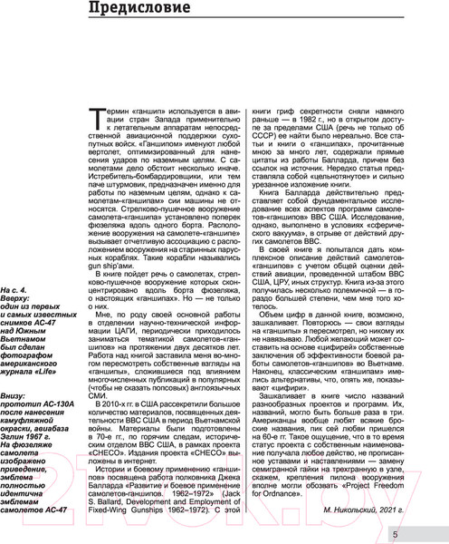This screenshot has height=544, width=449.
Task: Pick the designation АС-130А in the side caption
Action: (63, 383)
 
